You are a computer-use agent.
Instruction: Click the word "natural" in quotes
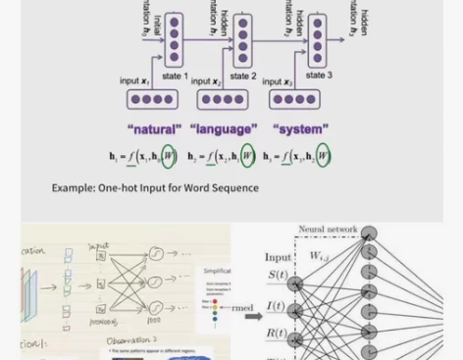coord(154,129)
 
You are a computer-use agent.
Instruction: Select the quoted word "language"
coord(223,129)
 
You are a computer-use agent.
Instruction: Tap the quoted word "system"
coord(300,129)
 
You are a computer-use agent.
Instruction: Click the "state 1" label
coord(175,76)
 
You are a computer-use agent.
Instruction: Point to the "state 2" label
coord(242,76)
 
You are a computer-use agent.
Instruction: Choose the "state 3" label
coord(318,75)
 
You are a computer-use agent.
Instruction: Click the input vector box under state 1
coord(152,99)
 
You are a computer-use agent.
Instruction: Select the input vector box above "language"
coord(223,99)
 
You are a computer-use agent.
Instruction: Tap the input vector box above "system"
coord(295,99)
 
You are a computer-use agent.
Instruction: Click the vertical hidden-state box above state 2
coord(242,40)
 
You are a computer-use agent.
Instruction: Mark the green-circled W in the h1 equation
coord(169,156)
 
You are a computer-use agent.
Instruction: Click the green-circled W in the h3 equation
coord(323,156)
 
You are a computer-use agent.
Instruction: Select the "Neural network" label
coord(328,230)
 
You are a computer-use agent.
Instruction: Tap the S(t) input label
coord(278,276)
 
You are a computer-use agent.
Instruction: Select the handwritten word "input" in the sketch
coord(99,247)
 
